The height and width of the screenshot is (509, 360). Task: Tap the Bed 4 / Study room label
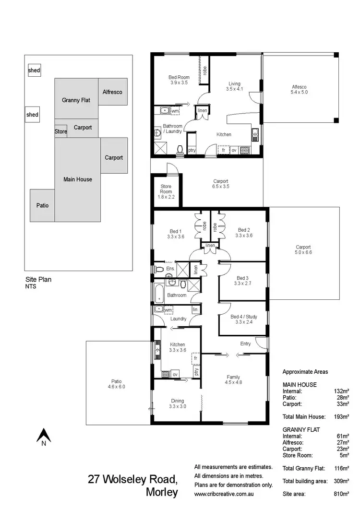[x=241, y=319]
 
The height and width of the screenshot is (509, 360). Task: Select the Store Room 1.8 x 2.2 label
[x=166, y=194]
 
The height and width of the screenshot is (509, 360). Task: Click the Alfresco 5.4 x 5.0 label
[x=300, y=90]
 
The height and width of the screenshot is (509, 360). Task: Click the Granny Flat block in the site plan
[x=76, y=100]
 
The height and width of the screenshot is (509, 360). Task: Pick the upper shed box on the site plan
[x=34, y=71]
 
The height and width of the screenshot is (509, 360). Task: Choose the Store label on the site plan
[x=61, y=131]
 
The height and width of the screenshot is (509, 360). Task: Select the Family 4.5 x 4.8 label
[x=233, y=380]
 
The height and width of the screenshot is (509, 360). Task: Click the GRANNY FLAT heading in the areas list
[x=301, y=430]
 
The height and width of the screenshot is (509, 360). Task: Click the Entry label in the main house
[x=245, y=343]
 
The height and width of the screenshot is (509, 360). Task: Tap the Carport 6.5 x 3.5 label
[x=221, y=184]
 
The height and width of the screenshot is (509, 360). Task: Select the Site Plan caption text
[x=38, y=279]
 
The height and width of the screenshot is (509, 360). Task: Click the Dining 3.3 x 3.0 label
[x=177, y=403]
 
